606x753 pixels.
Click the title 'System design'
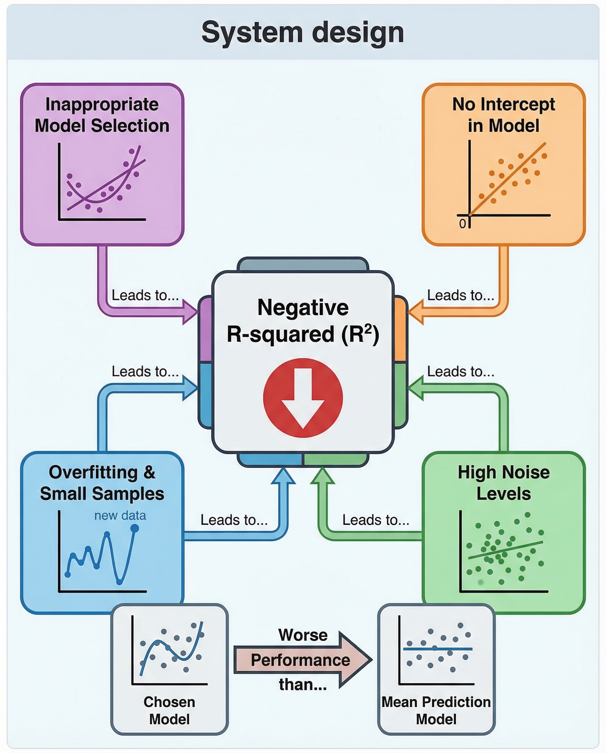(303, 32)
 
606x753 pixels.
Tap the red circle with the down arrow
(303, 398)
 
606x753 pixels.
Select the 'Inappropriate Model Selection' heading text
(102, 115)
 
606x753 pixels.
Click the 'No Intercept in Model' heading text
(503, 115)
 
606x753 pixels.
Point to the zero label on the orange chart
(462, 224)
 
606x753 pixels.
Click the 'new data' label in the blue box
(120, 515)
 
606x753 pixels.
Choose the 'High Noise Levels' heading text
(503, 483)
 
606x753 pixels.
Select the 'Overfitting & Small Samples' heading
(102, 483)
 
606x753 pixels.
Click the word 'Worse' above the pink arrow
(303, 635)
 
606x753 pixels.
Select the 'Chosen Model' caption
(169, 711)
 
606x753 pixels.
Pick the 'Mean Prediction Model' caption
(436, 711)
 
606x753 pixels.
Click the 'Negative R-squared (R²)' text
(303, 321)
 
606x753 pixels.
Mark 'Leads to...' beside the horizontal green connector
(375, 520)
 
